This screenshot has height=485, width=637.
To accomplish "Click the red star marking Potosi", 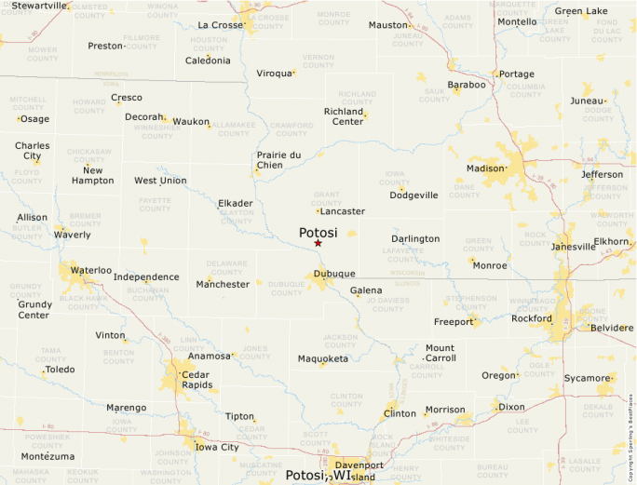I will pyautogui.click(x=318, y=243).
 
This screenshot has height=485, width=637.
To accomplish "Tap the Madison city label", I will pyautogui.click(x=484, y=168).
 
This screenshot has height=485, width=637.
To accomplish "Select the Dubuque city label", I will pyautogui.click(x=334, y=274).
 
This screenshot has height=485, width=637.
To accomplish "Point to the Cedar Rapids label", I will pyautogui.click(x=197, y=379).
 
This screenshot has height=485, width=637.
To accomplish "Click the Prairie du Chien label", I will pyautogui.click(x=278, y=160).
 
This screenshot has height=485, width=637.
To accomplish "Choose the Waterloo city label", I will pyautogui.click(x=91, y=270).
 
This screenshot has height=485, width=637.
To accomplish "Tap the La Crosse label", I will pyautogui.click(x=220, y=25).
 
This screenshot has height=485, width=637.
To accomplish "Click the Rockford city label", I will pyautogui.click(x=532, y=318).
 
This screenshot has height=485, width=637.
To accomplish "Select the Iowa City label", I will pyautogui.click(x=217, y=447).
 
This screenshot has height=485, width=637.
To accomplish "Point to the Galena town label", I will pyautogui.click(x=366, y=290).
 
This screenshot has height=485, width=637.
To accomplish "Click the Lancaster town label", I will pyautogui.click(x=342, y=211).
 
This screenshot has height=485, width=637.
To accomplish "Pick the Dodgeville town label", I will pyautogui.click(x=413, y=195).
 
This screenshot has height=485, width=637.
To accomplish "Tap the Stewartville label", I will pyautogui.click(x=40, y=6).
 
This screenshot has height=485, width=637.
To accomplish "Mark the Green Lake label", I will pyautogui.click(x=581, y=12).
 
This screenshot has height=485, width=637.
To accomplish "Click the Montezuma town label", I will pyautogui.click(x=47, y=456).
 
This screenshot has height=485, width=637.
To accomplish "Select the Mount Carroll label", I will pyautogui.click(x=440, y=353).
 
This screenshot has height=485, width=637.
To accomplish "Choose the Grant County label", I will pyautogui.click(x=327, y=198).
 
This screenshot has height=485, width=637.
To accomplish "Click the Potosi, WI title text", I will pyautogui.click(x=319, y=475).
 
